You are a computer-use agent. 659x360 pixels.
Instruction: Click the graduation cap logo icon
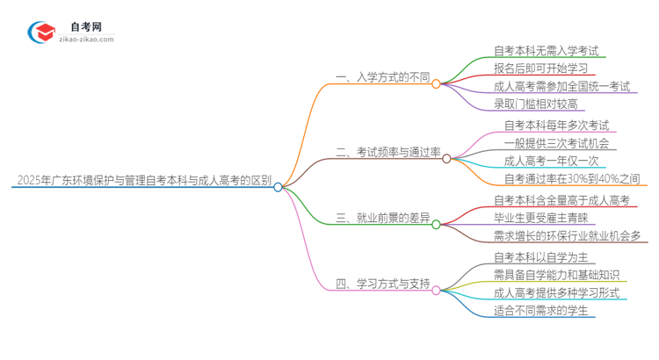point(41,32)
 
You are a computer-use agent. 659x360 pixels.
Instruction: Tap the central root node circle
point(278,187)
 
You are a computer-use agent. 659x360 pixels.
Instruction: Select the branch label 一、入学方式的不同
point(382,78)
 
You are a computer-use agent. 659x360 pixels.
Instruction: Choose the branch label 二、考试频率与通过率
point(387,152)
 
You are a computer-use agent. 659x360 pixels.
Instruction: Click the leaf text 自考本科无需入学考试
point(546,51)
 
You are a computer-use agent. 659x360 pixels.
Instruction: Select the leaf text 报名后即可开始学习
point(540,68)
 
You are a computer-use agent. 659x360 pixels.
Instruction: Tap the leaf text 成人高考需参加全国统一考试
point(562,86)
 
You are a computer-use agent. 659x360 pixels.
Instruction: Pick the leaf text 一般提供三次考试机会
point(556,143)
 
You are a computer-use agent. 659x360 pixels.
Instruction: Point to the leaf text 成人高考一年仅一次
point(551,161)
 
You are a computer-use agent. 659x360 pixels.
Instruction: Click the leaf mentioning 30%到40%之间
point(567,178)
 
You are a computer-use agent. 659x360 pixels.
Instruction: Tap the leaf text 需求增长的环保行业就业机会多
point(568,235)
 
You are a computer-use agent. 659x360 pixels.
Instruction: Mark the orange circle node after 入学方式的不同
point(437,84)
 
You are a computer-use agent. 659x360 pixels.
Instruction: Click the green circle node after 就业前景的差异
point(437,224)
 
